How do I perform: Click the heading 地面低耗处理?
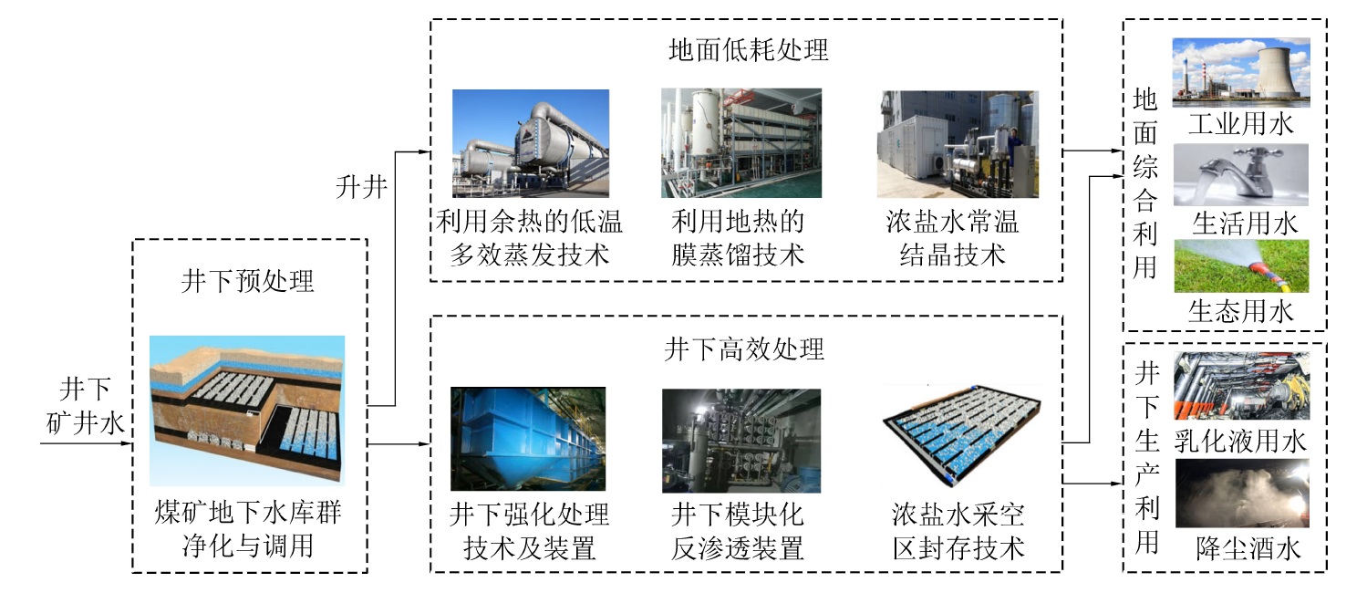(748, 50)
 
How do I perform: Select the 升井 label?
(360, 189)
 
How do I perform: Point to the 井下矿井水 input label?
(88, 407)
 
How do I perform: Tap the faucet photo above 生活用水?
(1240, 174)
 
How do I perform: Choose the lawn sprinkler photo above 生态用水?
(1240, 266)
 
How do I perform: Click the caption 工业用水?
(1241, 124)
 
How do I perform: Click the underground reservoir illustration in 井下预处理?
(248, 410)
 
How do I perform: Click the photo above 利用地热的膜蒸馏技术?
(740, 143)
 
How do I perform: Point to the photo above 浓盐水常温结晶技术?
(957, 144)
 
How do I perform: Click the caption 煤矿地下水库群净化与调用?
(248, 531)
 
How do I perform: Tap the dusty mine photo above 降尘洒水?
(1241, 494)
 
